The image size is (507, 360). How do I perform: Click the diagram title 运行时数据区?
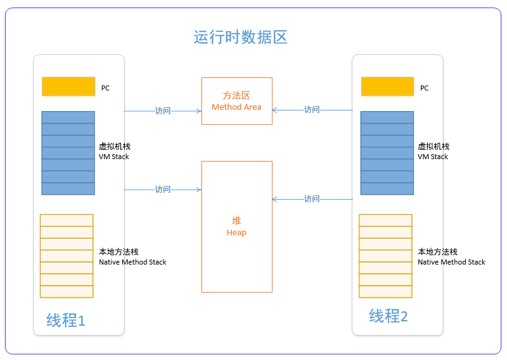point(240,37)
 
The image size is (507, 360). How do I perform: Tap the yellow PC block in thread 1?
point(68,86)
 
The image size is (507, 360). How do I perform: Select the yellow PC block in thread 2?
point(387,86)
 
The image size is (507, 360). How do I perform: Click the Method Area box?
point(236,101)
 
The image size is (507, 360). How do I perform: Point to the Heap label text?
point(236,227)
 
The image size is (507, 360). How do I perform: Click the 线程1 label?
point(65,321)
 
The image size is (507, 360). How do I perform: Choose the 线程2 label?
point(388,316)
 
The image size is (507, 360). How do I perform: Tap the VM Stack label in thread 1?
point(115,152)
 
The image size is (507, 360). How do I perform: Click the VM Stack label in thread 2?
point(433,152)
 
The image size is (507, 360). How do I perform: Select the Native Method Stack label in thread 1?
point(132,257)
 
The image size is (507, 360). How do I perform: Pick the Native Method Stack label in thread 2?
point(451,257)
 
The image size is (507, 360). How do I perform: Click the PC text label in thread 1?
point(105,89)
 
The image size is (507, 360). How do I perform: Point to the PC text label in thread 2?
point(424,89)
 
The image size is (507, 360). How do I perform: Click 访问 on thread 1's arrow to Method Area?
point(163,111)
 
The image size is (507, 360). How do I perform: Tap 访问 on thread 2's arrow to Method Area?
point(312,110)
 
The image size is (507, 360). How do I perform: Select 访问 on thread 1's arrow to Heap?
point(163,189)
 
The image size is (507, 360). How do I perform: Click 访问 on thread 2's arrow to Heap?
point(312,199)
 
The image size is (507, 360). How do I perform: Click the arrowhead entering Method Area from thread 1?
point(198,111)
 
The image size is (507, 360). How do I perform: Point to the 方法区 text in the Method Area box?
point(236,96)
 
